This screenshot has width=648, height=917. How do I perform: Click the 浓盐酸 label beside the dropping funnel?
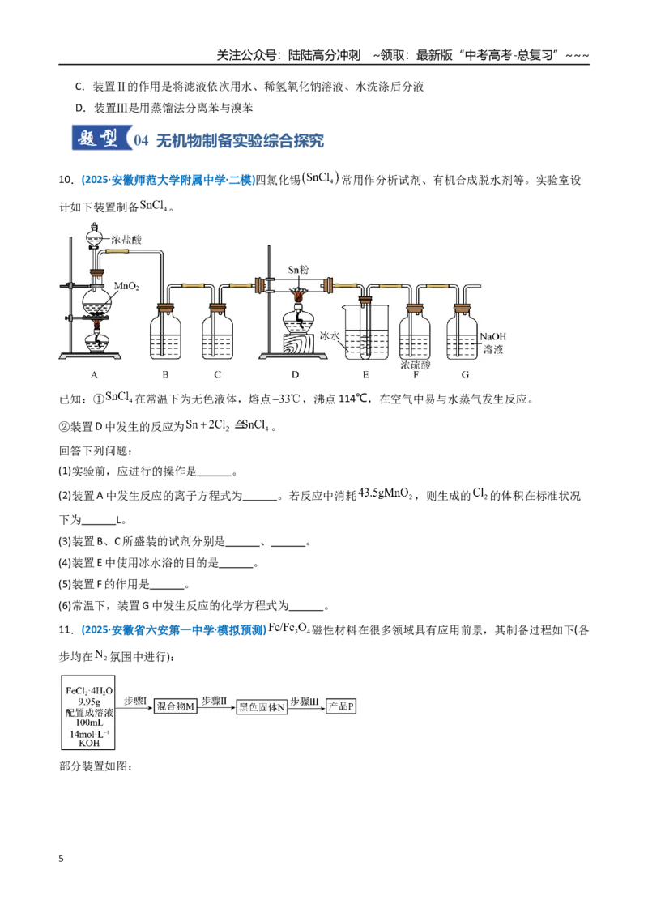[x=126, y=239]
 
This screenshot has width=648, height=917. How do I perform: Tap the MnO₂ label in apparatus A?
[x=126, y=286]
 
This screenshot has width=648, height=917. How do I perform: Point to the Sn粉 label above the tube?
[x=298, y=270]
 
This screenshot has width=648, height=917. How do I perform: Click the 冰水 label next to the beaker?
[x=329, y=335]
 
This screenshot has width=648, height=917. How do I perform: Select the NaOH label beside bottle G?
[x=492, y=336]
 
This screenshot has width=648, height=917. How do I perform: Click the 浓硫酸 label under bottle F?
[x=416, y=365]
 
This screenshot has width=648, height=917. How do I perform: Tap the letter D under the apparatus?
[x=296, y=375]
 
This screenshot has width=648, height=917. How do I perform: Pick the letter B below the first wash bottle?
[x=165, y=375]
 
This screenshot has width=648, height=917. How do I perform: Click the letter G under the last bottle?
[x=465, y=375]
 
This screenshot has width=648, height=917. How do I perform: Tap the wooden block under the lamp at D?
[x=298, y=343]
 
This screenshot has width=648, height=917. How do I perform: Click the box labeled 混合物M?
[x=175, y=706]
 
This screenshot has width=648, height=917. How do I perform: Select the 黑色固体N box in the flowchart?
[x=262, y=706]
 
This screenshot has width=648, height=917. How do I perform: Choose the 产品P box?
[x=341, y=706]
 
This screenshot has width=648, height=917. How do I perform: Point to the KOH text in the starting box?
[x=89, y=744]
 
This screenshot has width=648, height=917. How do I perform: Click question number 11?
[x=66, y=630]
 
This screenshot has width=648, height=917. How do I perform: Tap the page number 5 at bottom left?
[x=61, y=859]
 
